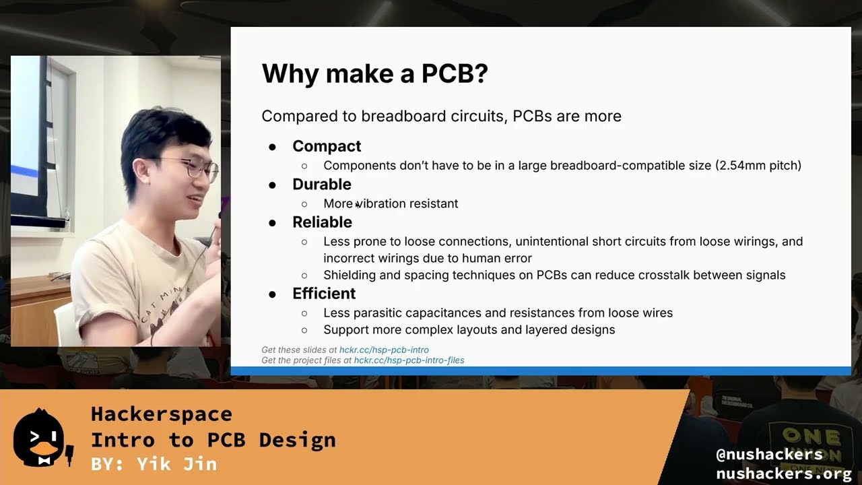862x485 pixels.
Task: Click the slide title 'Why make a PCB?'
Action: pyautogui.click(x=374, y=73)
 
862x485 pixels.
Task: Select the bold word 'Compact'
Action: pyautogui.click(x=326, y=146)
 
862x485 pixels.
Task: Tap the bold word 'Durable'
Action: pyautogui.click(x=321, y=184)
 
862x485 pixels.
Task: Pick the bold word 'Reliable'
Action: pyautogui.click(x=322, y=222)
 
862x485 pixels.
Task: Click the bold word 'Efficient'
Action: pyautogui.click(x=323, y=294)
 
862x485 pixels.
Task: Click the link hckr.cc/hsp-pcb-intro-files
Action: pyautogui.click(x=409, y=360)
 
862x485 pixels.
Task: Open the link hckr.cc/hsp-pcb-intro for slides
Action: pyautogui.click(x=384, y=350)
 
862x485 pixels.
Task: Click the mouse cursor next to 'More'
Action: pyautogui.click(x=357, y=205)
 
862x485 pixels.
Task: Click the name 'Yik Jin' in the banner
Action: pyautogui.click(x=176, y=464)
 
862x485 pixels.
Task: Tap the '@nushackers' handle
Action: pyautogui.click(x=769, y=455)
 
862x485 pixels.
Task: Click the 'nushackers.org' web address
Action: pyautogui.click(x=783, y=474)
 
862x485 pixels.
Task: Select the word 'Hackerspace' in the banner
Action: pyautogui.click(x=162, y=414)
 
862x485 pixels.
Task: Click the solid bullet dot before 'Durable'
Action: pyautogui.click(x=273, y=185)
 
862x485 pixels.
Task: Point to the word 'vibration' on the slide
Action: pyautogui.click(x=383, y=203)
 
